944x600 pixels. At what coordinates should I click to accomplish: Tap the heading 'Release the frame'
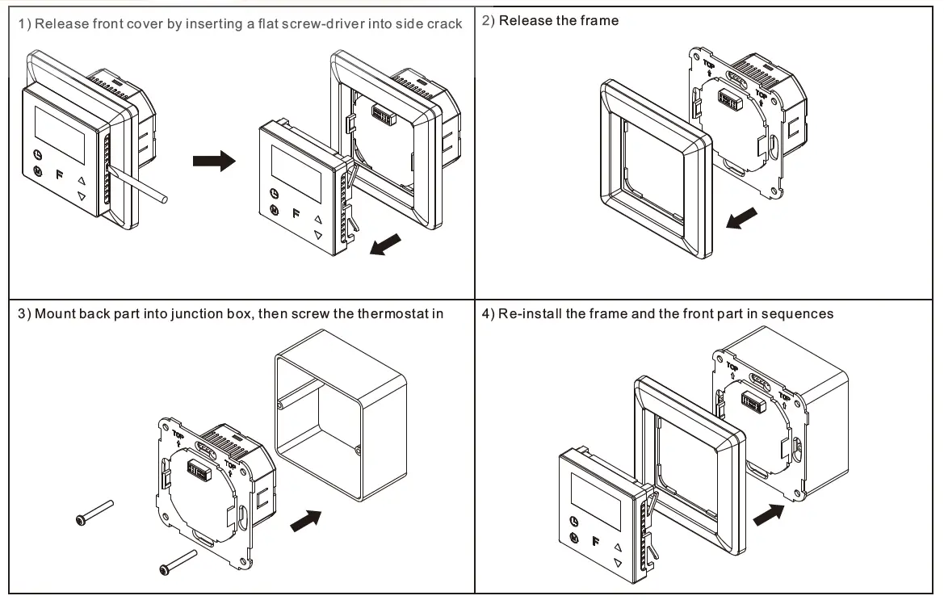559,21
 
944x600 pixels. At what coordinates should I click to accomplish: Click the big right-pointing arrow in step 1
213,162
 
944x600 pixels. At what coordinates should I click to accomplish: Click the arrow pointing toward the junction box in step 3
304,520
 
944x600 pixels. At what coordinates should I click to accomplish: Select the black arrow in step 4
768,512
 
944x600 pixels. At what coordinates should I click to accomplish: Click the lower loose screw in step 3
179,562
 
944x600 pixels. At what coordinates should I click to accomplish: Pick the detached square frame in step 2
655,170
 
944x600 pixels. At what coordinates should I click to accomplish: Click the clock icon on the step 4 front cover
573,521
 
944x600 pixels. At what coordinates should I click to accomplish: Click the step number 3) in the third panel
24,313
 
